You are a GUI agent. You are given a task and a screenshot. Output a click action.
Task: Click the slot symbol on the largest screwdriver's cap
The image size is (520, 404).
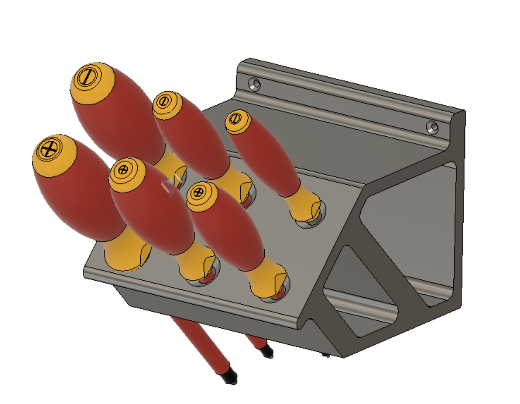(87, 78)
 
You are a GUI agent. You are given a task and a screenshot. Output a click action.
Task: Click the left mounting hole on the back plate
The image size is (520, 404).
(254, 84)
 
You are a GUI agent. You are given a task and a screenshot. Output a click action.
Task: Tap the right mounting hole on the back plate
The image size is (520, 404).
(432, 127)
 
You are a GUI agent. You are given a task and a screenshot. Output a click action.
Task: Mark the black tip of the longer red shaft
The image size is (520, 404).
(230, 376)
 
